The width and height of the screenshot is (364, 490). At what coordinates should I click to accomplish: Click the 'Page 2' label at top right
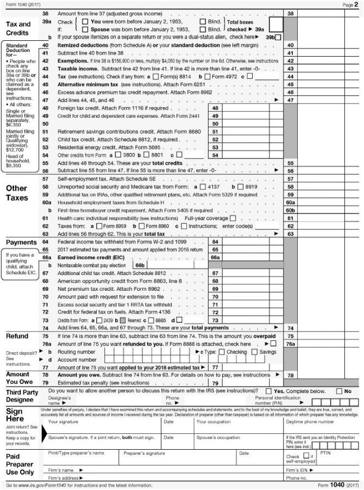tap(348, 4)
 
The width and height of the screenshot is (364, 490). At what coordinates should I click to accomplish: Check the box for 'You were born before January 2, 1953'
tap(86, 21)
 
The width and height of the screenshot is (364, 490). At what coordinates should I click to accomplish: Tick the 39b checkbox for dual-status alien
tap(278, 37)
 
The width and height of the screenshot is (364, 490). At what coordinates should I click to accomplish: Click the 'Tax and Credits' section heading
tap(18, 28)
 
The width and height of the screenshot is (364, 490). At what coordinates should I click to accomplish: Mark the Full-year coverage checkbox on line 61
tap(232, 218)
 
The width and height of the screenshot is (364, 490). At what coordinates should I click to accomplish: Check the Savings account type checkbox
tap(254, 352)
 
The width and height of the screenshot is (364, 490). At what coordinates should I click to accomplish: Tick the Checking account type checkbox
tap(221, 352)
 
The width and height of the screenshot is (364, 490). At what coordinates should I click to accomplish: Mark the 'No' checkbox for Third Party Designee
tap(340, 391)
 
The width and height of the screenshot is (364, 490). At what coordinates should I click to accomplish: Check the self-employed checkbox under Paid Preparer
tap(306, 455)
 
